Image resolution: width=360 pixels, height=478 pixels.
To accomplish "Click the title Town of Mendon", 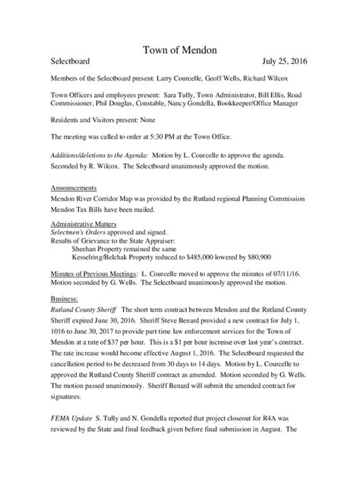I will click(x=180, y=50).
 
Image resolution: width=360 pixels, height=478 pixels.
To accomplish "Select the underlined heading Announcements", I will click(x=73, y=187).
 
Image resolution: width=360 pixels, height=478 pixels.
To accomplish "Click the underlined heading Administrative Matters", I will click(x=85, y=224).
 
